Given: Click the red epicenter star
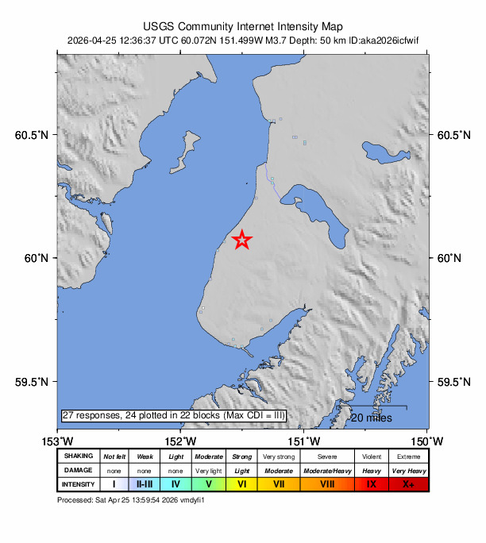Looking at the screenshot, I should (242, 240).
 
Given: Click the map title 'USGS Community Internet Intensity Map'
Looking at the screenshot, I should (242, 25).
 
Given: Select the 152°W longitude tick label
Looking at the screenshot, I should (182, 441).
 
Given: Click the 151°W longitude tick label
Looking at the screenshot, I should (306, 441).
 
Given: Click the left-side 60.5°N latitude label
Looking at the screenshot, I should (32, 135).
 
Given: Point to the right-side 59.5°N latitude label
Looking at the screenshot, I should (454, 382).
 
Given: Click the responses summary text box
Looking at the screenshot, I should (173, 415).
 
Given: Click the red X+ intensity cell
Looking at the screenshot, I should (408, 483).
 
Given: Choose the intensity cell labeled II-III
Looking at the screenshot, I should (145, 483).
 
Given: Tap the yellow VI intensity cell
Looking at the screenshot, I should (242, 483).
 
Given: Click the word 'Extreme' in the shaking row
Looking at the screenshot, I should (408, 456).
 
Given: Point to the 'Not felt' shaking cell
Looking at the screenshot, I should (114, 456).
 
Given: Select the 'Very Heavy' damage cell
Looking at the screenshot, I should (408, 470).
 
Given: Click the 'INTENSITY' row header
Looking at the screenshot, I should (79, 483).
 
